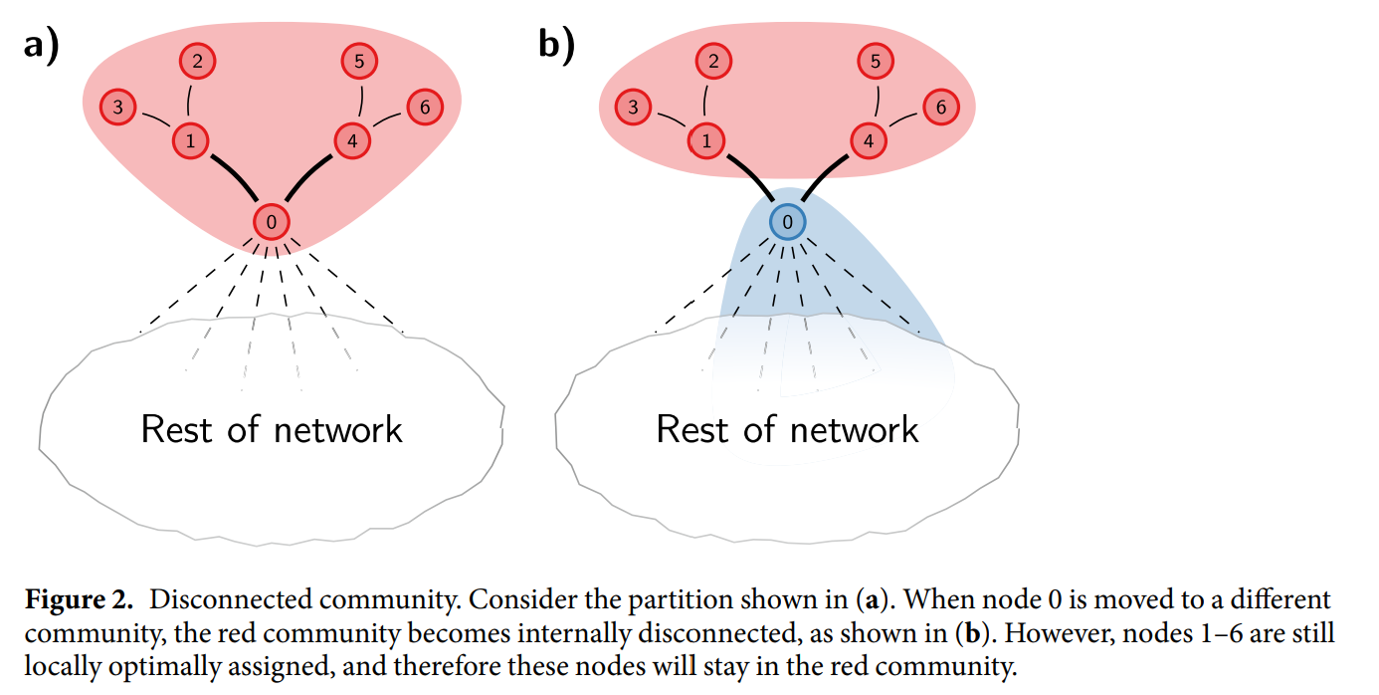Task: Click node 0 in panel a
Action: point(272,222)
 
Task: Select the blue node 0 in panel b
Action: point(787,222)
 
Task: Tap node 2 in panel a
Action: point(198,61)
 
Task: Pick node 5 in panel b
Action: point(876,61)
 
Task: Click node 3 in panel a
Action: point(117,107)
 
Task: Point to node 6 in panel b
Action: point(940,107)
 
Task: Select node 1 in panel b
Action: point(706,141)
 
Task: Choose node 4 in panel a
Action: point(352,141)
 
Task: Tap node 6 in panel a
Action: point(425,107)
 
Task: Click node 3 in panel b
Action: point(633,107)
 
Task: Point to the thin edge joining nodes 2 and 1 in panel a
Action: point(188,100)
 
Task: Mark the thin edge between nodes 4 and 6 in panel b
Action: point(903,119)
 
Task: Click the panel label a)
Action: point(41,46)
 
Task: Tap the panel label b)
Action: point(556,46)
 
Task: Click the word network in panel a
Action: point(338,429)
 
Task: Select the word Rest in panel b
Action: point(692,429)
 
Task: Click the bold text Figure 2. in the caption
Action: point(79,600)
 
